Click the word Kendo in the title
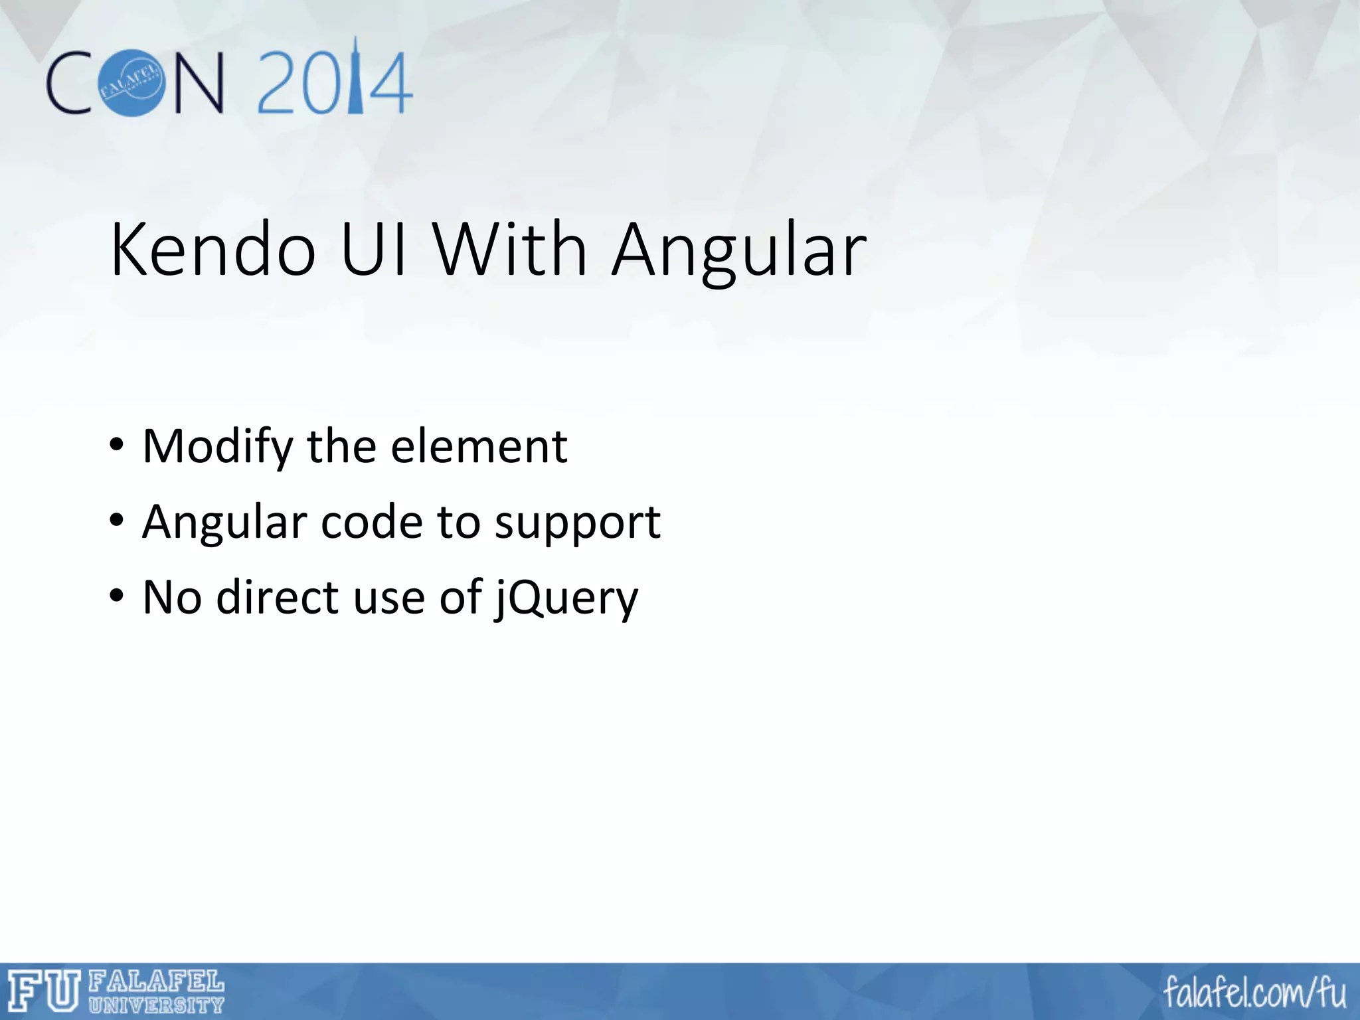pos(212,250)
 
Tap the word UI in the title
pos(374,250)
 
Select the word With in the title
pos(510,250)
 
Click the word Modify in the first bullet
pos(217,447)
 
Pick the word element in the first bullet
pos(479,446)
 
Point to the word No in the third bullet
pos(172,597)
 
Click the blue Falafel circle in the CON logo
pos(131,82)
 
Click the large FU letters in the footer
pos(44,991)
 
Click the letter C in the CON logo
pos(69,83)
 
